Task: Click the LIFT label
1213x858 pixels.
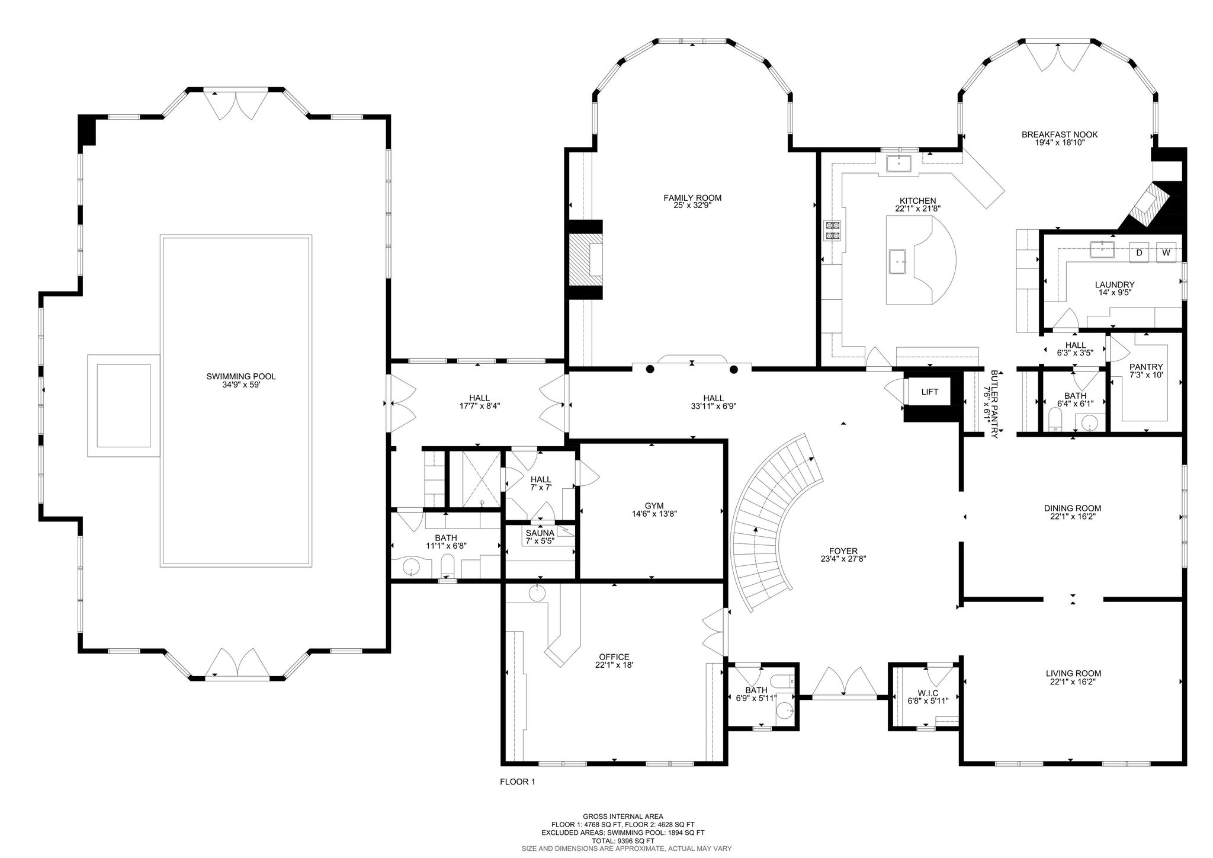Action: [x=929, y=392]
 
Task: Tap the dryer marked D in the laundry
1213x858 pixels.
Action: [x=1138, y=252]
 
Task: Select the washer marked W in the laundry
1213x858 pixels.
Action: [x=1166, y=252]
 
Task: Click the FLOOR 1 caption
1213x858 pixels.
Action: [x=518, y=782]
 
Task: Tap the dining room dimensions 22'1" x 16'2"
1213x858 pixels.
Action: [x=1073, y=516]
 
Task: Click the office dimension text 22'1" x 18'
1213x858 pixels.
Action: [x=614, y=665]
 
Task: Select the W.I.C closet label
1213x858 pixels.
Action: [x=928, y=693]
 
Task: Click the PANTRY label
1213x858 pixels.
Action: [x=1146, y=367]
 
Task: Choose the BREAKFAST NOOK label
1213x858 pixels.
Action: [x=1060, y=135]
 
